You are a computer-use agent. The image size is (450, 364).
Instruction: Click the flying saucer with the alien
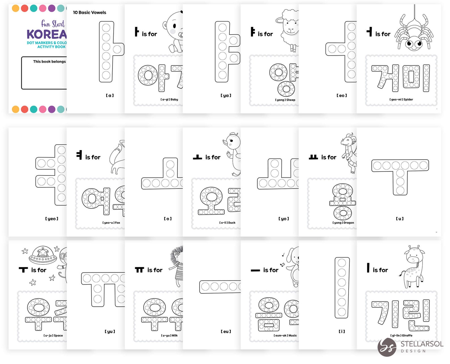coord(43,254)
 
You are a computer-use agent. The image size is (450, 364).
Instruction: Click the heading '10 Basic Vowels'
coord(90,12)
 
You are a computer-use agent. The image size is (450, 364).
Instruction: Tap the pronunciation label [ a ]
coord(110,96)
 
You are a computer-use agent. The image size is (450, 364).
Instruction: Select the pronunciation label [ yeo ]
coord(52,219)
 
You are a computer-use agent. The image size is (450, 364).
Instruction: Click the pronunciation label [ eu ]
coord(226,331)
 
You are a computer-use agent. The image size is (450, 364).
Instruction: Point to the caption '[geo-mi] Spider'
coord(401,100)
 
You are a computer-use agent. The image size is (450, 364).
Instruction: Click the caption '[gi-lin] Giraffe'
coord(401,335)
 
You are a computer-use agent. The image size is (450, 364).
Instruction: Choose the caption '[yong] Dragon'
coord(343,223)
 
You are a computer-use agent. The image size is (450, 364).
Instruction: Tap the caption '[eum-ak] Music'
coord(285,335)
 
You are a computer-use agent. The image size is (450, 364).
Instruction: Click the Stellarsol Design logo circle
coord(387,347)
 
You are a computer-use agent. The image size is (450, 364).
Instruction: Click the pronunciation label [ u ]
coord(400,219)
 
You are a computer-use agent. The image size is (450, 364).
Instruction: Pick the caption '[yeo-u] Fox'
coord(111,223)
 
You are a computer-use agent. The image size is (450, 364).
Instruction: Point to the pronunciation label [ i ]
coord(342,331)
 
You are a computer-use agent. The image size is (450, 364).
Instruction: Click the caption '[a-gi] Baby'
coord(169,100)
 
